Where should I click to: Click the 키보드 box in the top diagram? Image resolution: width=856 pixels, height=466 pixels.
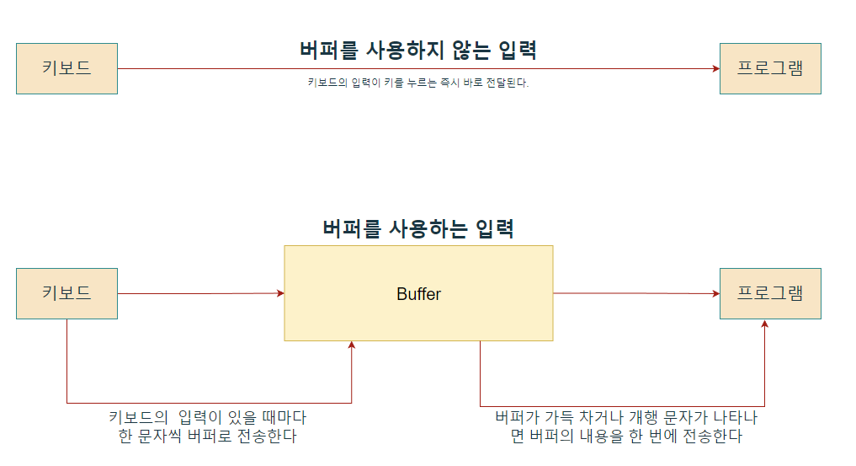[x=66, y=68]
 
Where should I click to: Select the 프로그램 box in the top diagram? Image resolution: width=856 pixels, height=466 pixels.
[x=769, y=68]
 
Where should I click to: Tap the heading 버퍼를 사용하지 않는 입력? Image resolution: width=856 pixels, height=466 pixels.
[x=418, y=50]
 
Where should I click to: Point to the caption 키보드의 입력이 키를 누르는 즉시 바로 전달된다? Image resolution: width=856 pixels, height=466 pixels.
[x=418, y=83]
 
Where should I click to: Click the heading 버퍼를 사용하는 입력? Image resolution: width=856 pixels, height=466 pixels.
[x=418, y=228]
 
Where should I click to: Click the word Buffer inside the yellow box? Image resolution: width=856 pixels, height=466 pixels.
[x=418, y=294]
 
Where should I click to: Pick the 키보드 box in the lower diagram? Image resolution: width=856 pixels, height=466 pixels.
[x=66, y=293]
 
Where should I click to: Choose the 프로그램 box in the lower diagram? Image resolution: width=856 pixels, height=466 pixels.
[x=769, y=293]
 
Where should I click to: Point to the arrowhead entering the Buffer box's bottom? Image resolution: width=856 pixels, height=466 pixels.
[x=351, y=345]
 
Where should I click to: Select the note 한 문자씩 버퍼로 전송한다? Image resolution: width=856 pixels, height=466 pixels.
[x=208, y=437]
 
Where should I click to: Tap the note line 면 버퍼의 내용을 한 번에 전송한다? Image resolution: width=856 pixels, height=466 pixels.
[x=626, y=437]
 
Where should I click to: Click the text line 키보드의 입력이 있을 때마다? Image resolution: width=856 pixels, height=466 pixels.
[x=208, y=417]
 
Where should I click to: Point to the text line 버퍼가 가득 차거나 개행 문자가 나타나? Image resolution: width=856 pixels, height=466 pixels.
[x=626, y=417]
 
